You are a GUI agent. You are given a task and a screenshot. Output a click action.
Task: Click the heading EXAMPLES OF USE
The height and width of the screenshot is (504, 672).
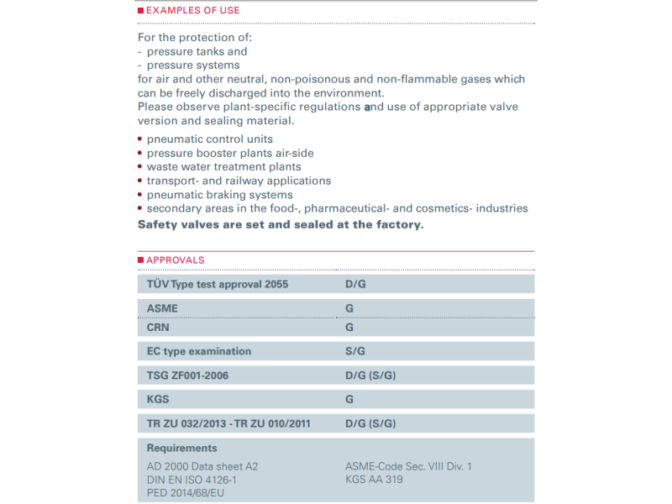coord(192,11)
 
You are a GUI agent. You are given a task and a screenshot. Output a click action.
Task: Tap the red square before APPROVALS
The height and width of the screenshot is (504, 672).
coord(140,260)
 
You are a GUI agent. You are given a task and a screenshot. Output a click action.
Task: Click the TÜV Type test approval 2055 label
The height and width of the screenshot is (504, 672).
coord(218,285)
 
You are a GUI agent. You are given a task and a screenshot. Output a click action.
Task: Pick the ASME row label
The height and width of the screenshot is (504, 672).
coord(162,308)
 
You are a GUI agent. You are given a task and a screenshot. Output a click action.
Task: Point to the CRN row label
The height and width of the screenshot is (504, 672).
coord(158,328)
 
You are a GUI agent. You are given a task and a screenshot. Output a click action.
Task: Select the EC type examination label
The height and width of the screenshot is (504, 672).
coord(199,351)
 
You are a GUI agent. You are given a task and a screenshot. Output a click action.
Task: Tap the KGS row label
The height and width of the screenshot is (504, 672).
coord(158,399)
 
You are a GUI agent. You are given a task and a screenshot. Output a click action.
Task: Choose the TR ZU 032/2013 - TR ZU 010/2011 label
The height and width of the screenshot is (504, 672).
coord(228,423)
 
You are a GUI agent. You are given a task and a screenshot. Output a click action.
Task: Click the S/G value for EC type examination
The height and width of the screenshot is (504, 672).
coord(355,351)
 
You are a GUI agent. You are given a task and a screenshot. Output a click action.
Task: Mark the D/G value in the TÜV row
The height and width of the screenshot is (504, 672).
coord(355,285)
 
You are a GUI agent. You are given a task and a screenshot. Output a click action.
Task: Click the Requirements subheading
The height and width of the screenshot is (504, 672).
coord(181,449)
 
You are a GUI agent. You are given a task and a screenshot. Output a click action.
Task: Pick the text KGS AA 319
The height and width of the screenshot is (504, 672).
coord(374,480)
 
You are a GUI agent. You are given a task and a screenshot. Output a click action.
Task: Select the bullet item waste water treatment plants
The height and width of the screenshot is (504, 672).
coord(223,166)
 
